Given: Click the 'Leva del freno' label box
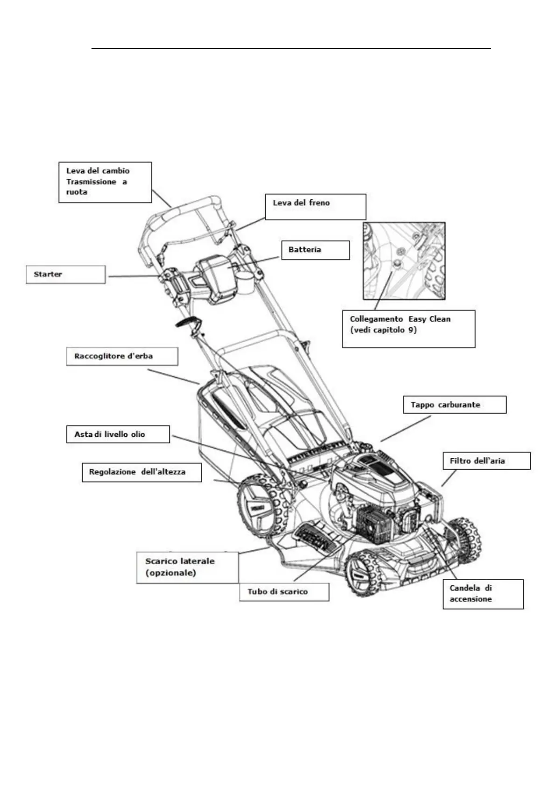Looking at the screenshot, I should click(x=315, y=207).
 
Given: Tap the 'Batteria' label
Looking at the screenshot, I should click(x=316, y=250).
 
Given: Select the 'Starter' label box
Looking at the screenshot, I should click(x=65, y=274).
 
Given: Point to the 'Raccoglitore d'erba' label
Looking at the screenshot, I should click(x=122, y=357).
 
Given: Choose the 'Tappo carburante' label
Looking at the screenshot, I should click(x=454, y=405).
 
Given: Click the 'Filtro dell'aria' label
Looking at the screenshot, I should click(x=486, y=461).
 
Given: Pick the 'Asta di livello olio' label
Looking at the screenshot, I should click(x=118, y=435).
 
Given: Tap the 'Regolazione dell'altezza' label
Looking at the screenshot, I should click(x=142, y=472).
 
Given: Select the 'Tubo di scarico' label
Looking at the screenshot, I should click(x=284, y=592).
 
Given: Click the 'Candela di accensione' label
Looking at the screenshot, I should click(x=483, y=594).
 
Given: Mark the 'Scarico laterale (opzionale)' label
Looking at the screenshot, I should click(x=187, y=567).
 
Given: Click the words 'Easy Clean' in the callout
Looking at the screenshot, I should click(x=429, y=319).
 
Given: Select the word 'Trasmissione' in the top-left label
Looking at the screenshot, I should click(x=91, y=182).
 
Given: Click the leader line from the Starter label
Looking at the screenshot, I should click(x=134, y=276).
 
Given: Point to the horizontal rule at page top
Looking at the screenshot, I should click(x=291, y=48).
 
